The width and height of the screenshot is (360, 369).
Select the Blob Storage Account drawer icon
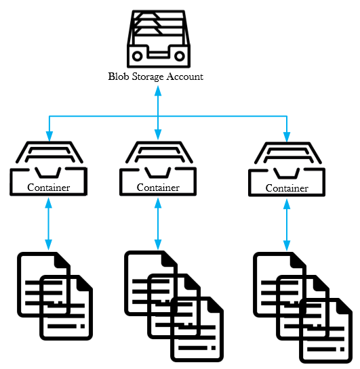159,39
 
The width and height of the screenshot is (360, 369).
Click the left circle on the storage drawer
138,56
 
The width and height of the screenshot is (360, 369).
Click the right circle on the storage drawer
180,56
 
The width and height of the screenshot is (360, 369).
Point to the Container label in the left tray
49,188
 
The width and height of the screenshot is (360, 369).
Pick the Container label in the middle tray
158,188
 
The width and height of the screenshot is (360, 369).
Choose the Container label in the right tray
287,188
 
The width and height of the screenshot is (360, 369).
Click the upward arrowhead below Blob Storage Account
158,91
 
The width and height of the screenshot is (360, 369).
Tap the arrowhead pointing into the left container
49,136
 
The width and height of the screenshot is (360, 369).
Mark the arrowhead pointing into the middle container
158,134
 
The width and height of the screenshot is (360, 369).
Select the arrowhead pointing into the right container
287,137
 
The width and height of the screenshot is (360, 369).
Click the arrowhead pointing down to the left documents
49,244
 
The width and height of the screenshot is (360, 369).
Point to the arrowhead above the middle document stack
158,244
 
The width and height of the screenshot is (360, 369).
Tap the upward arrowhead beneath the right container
287,204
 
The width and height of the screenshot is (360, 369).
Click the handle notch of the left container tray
48,173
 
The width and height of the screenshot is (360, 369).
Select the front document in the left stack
66,307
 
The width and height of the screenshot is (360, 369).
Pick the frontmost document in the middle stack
197,330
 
